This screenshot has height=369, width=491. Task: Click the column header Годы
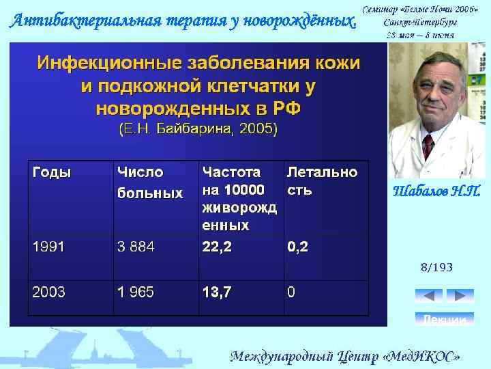[x=52, y=172]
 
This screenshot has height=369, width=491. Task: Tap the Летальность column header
[x=322, y=180]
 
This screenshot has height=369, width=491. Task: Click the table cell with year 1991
[x=48, y=247]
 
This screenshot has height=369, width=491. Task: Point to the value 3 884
[x=136, y=247]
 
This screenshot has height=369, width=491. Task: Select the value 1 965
[x=136, y=292]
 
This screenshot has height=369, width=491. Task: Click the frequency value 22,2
[x=217, y=247]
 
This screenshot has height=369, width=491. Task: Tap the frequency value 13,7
[x=217, y=292]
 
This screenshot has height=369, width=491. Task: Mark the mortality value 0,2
[x=297, y=247]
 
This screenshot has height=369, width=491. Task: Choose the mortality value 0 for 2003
[x=291, y=292]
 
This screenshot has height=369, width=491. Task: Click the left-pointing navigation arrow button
[x=428, y=296]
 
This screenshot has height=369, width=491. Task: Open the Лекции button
[x=445, y=319]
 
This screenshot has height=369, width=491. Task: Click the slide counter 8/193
[x=436, y=267]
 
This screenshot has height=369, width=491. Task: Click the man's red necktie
[x=428, y=146]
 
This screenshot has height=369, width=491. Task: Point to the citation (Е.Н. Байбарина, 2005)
[x=198, y=128]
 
